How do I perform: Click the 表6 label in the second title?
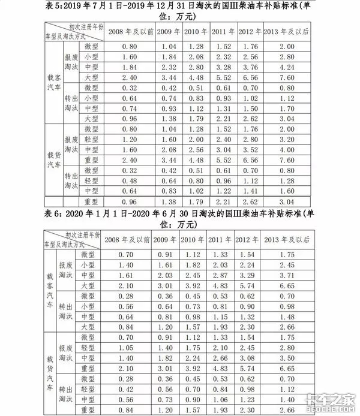55,215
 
